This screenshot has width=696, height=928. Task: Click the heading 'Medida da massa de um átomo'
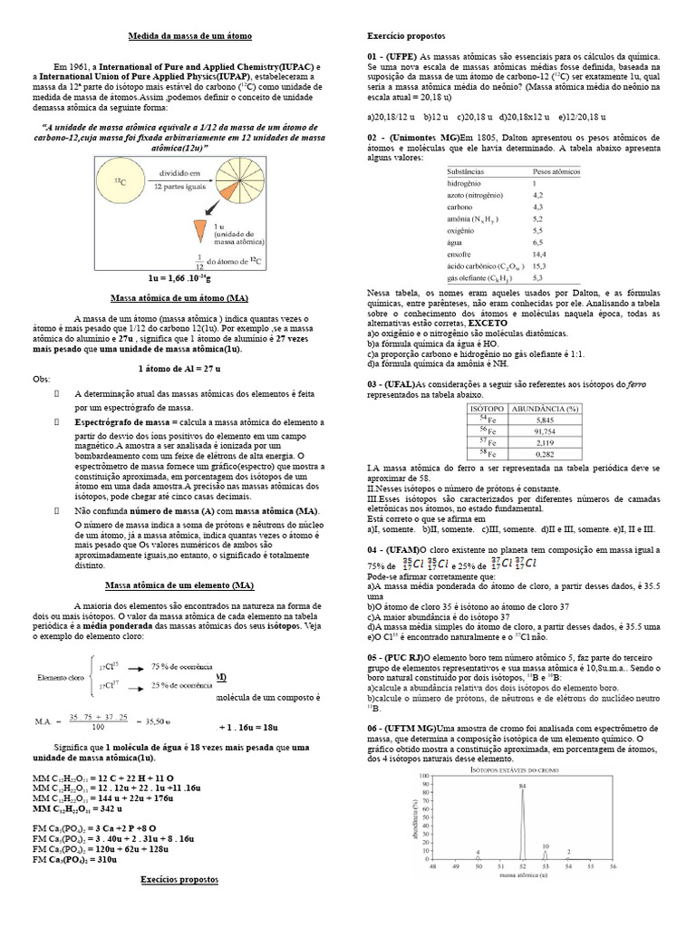188,35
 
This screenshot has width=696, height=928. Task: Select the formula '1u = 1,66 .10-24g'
188,277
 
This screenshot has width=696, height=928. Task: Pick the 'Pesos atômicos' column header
556,171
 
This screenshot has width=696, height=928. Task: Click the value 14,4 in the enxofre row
538,255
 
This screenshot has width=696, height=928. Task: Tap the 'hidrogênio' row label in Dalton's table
469,183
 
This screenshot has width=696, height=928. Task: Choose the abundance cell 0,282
544,454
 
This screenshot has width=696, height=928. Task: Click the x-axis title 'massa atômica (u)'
523,875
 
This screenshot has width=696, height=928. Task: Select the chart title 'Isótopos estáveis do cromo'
523,768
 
